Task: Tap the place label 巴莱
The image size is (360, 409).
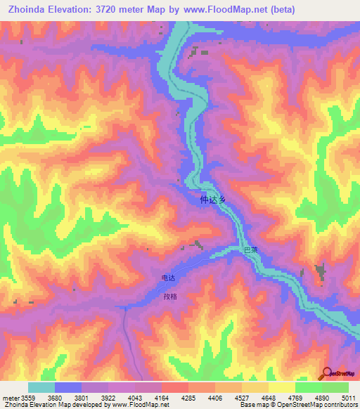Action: (250, 250)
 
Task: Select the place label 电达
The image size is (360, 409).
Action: (168, 278)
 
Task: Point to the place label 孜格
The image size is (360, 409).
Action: (169, 297)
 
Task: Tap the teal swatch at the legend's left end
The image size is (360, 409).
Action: (41, 387)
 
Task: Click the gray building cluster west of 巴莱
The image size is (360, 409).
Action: (198, 245)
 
